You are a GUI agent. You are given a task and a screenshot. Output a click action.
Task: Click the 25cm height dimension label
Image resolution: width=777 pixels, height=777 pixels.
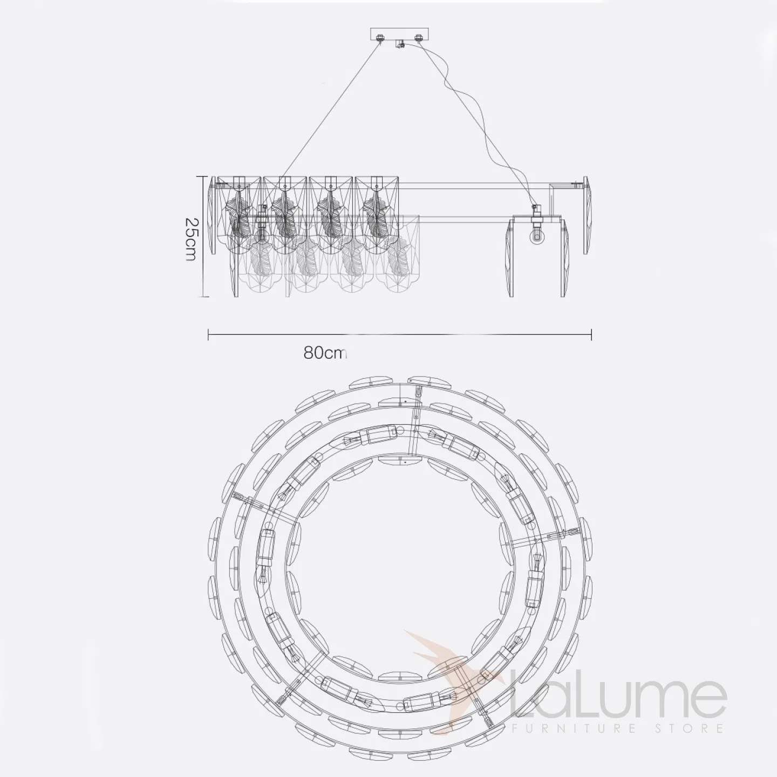[190, 239]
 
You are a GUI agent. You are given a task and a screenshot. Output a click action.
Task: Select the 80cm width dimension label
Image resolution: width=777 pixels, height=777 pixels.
[325, 353]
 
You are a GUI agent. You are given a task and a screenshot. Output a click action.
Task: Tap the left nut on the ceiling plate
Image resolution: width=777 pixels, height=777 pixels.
[380, 38]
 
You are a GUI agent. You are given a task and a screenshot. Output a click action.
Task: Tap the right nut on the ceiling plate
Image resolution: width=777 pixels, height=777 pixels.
[419, 38]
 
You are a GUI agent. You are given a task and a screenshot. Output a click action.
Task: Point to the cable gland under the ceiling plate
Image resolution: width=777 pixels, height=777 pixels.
[400, 44]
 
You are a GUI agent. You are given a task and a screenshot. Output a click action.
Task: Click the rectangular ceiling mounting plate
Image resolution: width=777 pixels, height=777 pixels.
[400, 35]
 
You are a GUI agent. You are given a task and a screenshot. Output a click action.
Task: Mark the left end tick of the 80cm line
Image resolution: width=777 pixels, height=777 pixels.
[208, 334]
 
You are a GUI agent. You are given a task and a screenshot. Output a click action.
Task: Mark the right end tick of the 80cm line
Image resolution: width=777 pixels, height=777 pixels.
[591, 334]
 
